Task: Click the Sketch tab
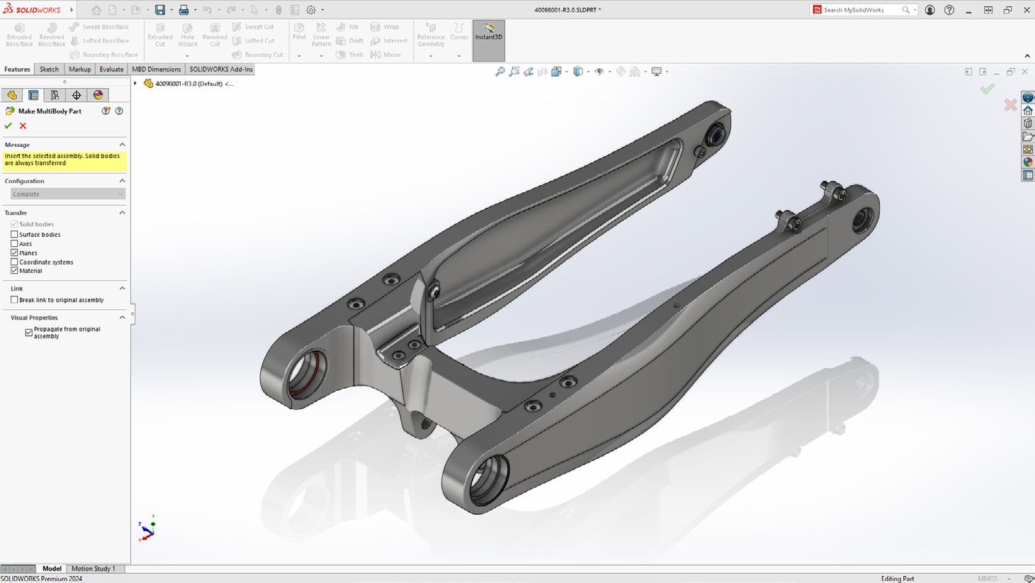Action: click(49, 69)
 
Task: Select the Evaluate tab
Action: click(111, 69)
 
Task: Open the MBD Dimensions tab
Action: click(156, 69)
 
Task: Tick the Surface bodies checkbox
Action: click(14, 234)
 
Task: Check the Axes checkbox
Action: click(14, 243)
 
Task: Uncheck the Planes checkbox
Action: click(14, 252)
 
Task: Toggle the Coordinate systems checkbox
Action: click(14, 262)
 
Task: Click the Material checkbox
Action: click(14, 270)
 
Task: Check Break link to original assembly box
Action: click(14, 300)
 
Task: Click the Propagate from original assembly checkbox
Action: click(29, 332)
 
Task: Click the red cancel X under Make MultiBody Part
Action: click(23, 126)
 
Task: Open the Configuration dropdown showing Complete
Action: click(67, 194)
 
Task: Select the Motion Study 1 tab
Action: click(93, 568)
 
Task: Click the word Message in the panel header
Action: click(17, 145)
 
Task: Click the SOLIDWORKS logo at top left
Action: click(32, 10)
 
